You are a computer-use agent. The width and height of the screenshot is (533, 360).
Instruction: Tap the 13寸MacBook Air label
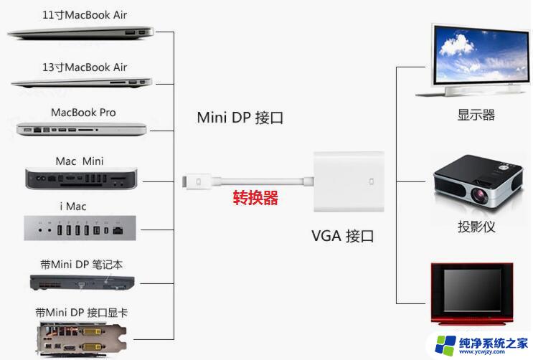click(x=84, y=67)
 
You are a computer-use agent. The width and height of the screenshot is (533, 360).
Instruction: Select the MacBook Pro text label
click(x=83, y=113)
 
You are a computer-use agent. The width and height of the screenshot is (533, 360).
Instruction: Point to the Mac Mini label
click(x=80, y=161)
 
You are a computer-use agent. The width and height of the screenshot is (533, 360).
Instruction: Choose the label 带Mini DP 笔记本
click(x=80, y=264)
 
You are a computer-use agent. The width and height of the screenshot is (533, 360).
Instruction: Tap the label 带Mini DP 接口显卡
click(x=82, y=312)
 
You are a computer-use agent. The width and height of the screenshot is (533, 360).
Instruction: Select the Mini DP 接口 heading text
click(x=240, y=118)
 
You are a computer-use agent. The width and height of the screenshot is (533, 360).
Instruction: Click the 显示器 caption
click(x=476, y=115)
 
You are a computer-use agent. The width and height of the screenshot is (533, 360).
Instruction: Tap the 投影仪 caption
click(x=476, y=227)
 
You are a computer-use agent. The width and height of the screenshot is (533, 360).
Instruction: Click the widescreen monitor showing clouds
click(x=475, y=60)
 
